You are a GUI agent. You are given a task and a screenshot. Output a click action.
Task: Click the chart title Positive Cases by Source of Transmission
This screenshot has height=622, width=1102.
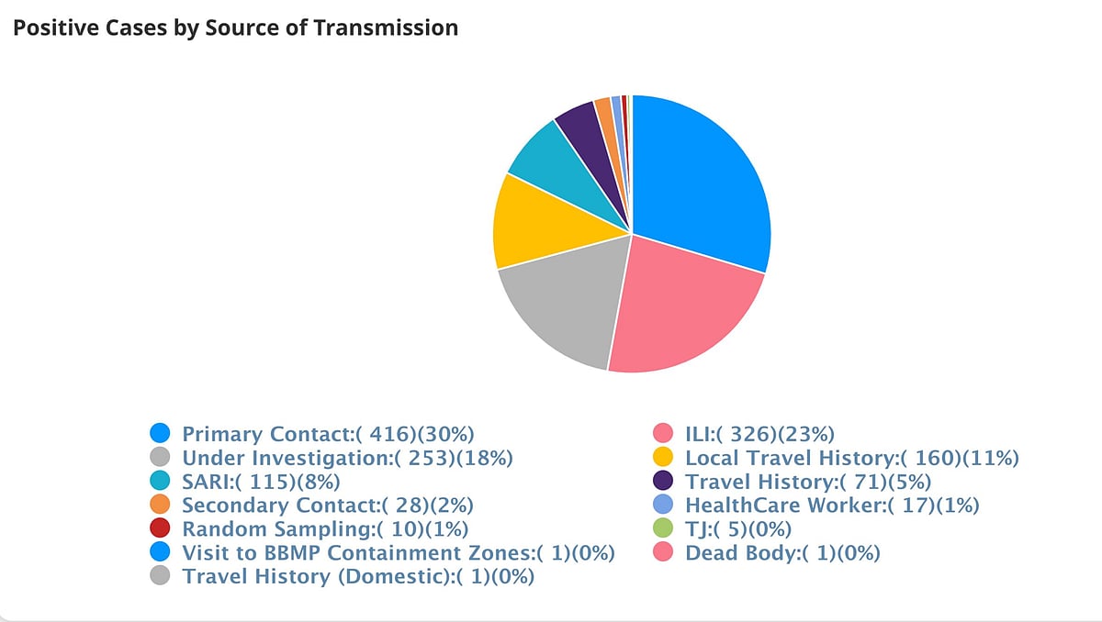[x=235, y=28]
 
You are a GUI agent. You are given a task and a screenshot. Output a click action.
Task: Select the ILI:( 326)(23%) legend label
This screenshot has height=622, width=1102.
[x=759, y=434]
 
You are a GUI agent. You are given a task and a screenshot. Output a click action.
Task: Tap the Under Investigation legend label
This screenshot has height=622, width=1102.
[x=347, y=458]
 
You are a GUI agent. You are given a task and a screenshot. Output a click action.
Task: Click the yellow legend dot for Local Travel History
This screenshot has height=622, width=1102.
[x=663, y=458]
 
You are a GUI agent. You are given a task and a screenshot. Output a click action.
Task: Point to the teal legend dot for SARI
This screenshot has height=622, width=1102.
[x=160, y=482]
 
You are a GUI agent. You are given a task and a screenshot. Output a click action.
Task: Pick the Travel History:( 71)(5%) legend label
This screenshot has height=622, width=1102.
[x=808, y=482]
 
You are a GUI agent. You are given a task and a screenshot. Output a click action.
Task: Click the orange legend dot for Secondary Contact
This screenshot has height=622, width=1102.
[x=160, y=505]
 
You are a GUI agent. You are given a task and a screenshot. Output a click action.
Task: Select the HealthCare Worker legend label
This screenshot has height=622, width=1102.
[x=832, y=505]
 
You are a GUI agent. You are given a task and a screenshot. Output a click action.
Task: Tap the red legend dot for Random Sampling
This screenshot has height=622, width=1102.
[x=160, y=529]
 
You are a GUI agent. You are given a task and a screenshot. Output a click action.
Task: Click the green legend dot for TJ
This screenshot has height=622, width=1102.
[x=663, y=529]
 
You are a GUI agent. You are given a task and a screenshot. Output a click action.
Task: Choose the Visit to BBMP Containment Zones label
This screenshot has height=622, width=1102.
[x=398, y=553]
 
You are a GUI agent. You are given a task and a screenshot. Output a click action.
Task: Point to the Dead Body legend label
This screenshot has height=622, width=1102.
[x=782, y=553]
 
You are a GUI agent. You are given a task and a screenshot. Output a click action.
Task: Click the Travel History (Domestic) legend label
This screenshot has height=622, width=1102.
[x=358, y=577]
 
